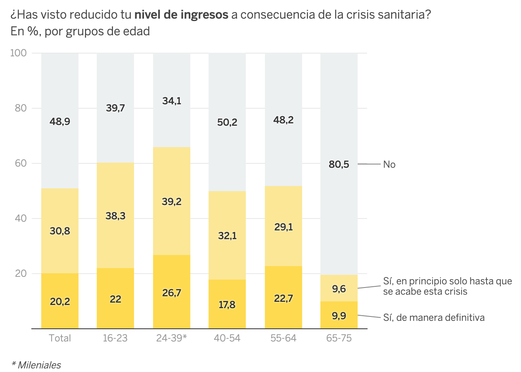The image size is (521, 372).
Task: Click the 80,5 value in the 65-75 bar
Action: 339,164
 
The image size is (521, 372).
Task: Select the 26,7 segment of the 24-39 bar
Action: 172,293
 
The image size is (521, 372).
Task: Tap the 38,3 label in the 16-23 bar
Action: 115,216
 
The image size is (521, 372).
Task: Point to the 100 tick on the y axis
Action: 18,53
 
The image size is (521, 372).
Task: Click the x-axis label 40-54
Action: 227,338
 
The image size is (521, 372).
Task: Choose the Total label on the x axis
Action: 60,338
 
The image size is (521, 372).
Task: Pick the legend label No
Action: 389,165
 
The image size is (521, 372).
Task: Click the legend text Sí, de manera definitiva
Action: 434,318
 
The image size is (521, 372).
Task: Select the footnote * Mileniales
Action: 36,365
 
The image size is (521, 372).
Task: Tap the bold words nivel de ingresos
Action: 181,15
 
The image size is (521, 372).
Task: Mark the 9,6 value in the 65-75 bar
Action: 339,289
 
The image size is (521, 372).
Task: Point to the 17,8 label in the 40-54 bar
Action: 227,305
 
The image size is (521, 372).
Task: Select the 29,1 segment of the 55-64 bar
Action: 283,227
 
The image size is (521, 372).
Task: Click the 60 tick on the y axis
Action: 21,163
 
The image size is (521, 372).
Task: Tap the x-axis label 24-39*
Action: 171,338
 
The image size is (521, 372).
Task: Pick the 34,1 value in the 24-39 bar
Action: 172,101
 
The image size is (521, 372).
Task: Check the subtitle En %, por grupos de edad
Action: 80,31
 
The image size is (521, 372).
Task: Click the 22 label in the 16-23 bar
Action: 115,299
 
